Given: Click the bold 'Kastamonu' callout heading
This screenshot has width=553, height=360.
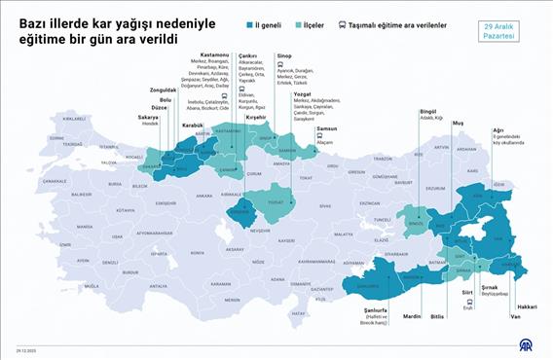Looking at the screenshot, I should pyautogui.click(x=215, y=55).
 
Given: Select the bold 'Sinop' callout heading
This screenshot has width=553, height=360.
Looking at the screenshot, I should pyautogui.click(x=283, y=55).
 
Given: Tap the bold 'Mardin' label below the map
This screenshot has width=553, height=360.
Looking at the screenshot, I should pyautogui.click(x=413, y=315).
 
